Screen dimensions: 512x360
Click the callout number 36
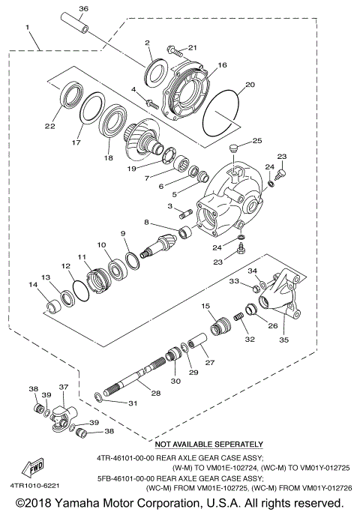tap(83, 8)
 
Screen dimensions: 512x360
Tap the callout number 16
tap(221, 66)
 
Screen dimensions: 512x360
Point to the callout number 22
tap(49, 127)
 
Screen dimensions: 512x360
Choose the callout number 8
tap(147, 222)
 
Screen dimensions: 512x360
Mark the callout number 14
tap(32, 285)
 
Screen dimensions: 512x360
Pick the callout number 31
tap(133, 404)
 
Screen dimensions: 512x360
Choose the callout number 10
tap(101, 245)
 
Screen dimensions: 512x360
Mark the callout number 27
tap(209, 363)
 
